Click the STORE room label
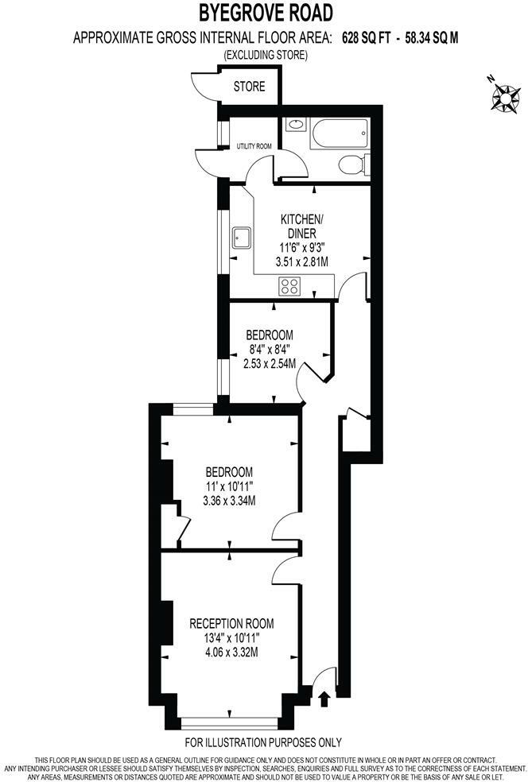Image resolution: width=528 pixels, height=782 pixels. [x=249, y=87]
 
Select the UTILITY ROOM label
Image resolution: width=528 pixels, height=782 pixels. [x=254, y=146]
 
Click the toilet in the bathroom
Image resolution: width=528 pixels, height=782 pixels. [x=352, y=165]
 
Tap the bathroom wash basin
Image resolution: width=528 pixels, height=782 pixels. [x=295, y=125]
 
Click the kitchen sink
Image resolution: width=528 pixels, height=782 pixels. [x=241, y=238]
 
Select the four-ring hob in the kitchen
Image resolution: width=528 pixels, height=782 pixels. [x=289, y=287]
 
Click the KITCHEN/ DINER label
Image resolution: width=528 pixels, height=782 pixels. [x=299, y=226]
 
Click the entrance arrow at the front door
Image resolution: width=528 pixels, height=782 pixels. [x=324, y=699]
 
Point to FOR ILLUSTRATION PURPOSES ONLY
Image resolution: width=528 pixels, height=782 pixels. [x=263, y=742]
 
